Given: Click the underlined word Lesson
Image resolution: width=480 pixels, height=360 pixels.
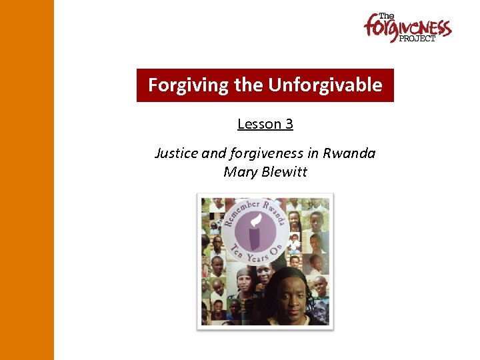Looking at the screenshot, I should click(257, 124).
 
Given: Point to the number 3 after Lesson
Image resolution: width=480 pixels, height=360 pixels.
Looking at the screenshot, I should click(289, 124).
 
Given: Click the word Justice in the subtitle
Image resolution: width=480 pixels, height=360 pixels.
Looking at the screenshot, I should click(176, 153).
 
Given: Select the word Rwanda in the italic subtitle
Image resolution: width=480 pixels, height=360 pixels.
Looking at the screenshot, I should click(349, 153).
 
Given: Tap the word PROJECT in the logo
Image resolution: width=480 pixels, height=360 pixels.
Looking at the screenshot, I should click(417, 39).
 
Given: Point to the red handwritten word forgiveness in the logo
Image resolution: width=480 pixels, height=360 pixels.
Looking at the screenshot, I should click(407, 29).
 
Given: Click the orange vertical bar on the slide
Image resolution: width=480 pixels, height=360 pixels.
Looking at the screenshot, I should click(27, 180).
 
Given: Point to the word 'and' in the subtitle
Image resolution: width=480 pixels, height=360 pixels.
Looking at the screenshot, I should click(214, 153).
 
